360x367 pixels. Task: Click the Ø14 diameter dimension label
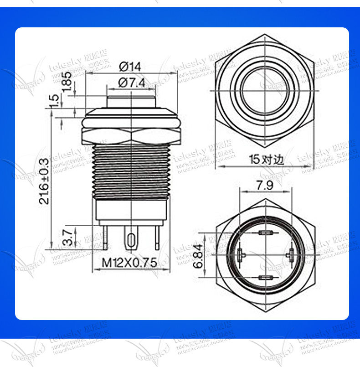pos(130,67)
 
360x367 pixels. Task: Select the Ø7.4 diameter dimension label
pos(132,83)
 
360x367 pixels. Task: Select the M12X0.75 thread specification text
pos(129,263)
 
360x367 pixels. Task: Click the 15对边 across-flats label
pos(267,160)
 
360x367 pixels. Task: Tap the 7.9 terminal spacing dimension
pos(265,186)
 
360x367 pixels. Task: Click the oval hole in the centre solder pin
pos(132,240)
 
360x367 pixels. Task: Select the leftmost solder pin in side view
pos(106,238)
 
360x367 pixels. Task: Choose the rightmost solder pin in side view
pos(158,238)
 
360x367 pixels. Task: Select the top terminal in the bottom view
pos(265,233)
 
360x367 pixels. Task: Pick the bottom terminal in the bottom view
pos(265,277)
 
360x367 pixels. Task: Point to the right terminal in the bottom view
pos(288,255)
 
